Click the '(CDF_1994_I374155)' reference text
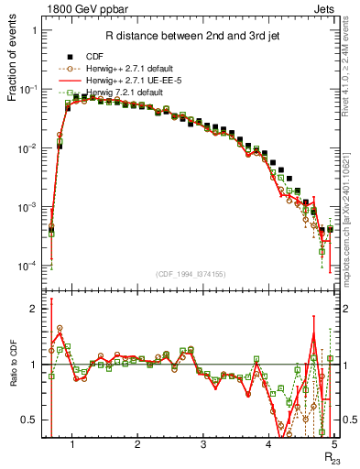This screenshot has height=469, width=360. coord(190,273)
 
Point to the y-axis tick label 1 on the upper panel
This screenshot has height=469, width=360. coord(34,30)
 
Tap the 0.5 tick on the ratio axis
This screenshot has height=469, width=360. coord(30,420)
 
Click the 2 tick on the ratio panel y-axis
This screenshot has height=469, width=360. coord(34,309)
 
